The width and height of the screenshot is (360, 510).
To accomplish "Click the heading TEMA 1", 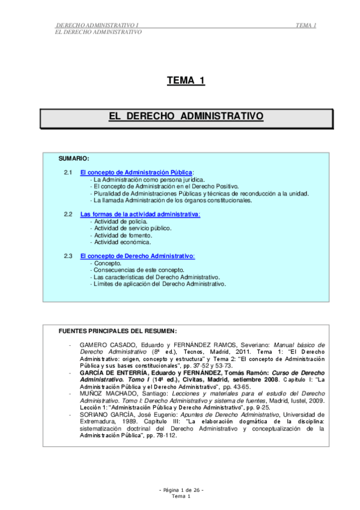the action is click(x=186, y=81).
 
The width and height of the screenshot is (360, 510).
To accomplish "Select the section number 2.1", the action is click(x=68, y=173).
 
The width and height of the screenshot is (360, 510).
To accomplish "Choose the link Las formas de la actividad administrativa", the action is click(x=139, y=214).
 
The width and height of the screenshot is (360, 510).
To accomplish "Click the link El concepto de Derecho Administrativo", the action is click(x=137, y=256).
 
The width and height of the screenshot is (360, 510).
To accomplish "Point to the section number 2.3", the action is click(x=68, y=256).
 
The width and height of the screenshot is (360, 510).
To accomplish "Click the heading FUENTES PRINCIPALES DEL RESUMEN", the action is click(x=117, y=331).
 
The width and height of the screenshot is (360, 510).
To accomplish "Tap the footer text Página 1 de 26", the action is click(x=181, y=490).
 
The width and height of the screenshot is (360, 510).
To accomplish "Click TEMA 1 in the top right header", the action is click(x=307, y=25).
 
